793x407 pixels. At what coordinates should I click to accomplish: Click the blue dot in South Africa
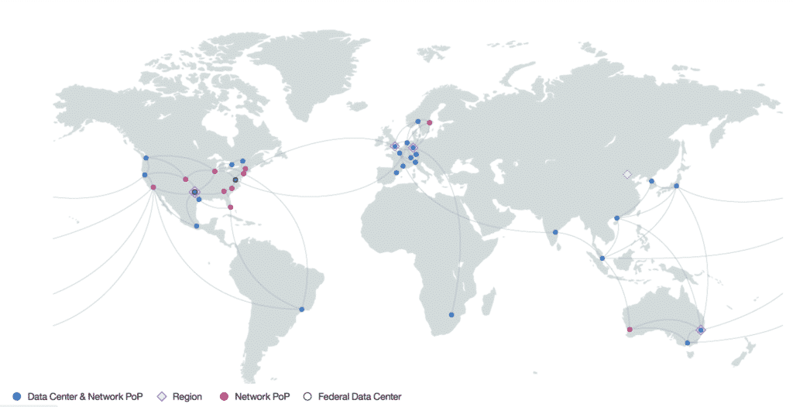coord(451,314)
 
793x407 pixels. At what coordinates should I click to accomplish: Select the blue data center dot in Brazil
coord(302,310)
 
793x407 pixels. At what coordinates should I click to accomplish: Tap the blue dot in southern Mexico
coord(197,226)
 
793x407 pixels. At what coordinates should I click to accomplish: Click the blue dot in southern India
coord(555,232)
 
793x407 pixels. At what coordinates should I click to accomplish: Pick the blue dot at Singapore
coord(602,258)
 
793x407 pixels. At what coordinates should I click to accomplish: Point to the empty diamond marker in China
coord(627,174)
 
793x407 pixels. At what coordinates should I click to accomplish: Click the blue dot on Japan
coord(676,186)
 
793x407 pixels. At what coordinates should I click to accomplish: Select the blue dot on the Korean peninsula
coord(651,181)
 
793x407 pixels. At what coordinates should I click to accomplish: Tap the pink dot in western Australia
coord(629,330)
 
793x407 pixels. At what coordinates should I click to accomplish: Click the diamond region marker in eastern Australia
coord(701,330)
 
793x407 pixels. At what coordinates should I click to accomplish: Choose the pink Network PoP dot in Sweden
coord(429,122)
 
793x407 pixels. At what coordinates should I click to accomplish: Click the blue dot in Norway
coord(417,121)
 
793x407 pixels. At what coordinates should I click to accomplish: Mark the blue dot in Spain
coord(396,173)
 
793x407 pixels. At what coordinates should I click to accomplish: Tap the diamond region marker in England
coord(394,145)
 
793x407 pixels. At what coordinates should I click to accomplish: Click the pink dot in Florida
coord(230,207)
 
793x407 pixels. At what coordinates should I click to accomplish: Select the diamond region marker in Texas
coord(194,191)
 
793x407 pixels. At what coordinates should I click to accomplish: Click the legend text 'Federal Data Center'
coord(360,397)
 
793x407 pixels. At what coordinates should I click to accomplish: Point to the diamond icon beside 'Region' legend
coord(161,397)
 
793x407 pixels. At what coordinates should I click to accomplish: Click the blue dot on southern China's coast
coord(616,218)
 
